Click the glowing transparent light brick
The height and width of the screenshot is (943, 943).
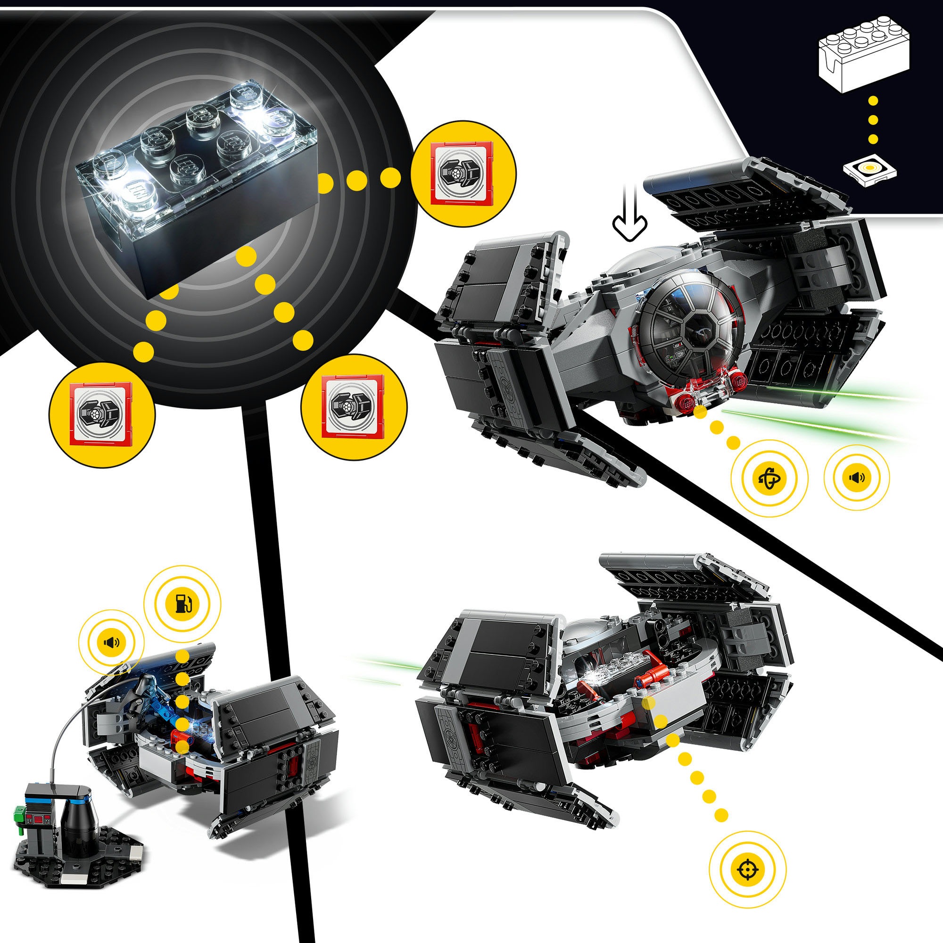pyautogui.click(x=195, y=161)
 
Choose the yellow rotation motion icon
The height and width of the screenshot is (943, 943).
pyautogui.click(x=769, y=478)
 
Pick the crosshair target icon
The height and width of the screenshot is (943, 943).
pyautogui.click(x=747, y=869)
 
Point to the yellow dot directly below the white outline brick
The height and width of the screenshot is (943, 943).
pyautogui.click(x=873, y=101)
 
